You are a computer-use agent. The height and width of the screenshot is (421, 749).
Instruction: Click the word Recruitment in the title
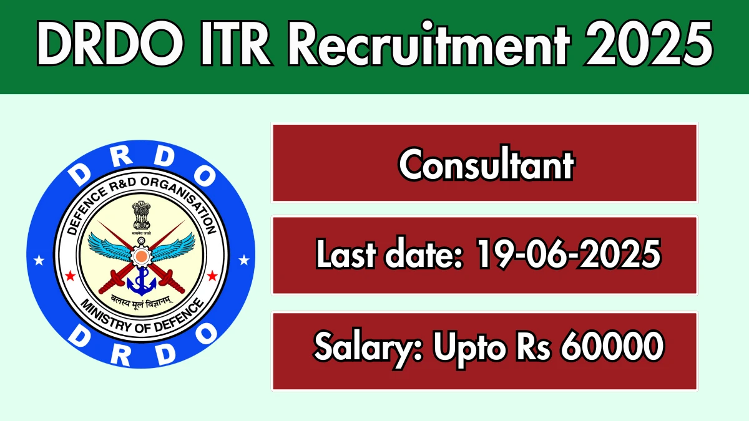point(429,44)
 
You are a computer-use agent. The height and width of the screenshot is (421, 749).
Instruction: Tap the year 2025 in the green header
point(649,44)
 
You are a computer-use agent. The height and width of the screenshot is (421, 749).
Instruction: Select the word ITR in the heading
point(235,44)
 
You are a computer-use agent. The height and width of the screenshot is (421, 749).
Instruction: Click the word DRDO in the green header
point(110,44)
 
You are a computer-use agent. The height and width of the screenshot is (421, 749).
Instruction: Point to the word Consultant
point(486,163)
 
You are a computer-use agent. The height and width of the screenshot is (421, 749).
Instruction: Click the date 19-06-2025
point(569,254)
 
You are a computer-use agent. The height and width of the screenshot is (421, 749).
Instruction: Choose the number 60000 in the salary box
point(612,346)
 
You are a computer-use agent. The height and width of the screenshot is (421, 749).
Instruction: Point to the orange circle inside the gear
point(141,256)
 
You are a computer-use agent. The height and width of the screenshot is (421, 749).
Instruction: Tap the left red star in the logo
point(70,276)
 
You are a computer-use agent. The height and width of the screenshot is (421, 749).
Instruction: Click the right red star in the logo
point(212,276)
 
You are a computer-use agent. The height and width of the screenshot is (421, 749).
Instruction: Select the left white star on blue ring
point(39,260)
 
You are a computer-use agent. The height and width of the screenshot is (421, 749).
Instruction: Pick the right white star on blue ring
point(244,260)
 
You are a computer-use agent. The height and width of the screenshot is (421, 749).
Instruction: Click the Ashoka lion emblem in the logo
point(141,217)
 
